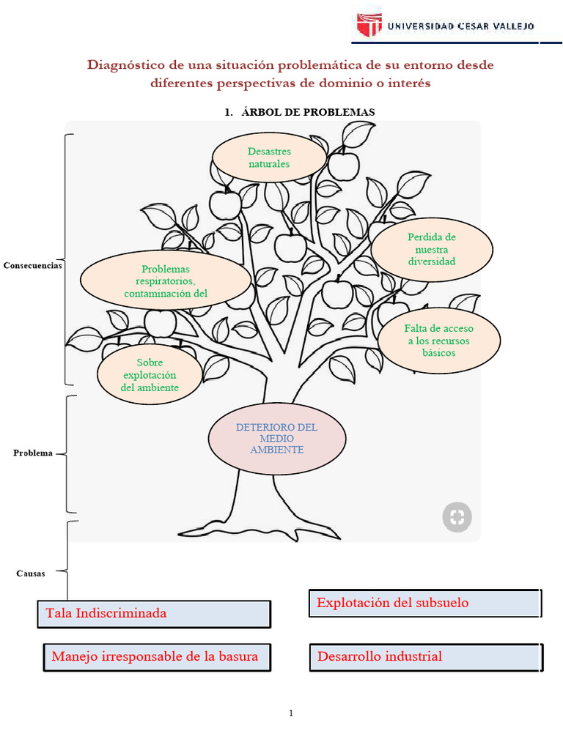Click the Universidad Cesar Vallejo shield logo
tap(369, 24)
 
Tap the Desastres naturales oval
tap(269, 157)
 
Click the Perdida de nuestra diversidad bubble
tap(432, 249)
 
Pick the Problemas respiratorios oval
tap(166, 281)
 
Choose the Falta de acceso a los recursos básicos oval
tap(439, 341)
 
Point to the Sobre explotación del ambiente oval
tap(150, 374)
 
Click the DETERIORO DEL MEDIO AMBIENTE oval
tap(276, 438)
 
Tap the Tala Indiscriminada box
tap(154, 614)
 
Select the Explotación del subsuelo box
tap(424, 603)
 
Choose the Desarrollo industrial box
tap(426, 656)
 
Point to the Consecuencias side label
tap(32, 265)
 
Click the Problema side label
tap(33, 453)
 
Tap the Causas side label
tap(31, 573)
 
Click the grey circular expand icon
tap(457, 517)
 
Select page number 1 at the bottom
tap(291, 713)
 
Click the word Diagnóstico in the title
tap(123, 65)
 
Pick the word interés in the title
tap(406, 83)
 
